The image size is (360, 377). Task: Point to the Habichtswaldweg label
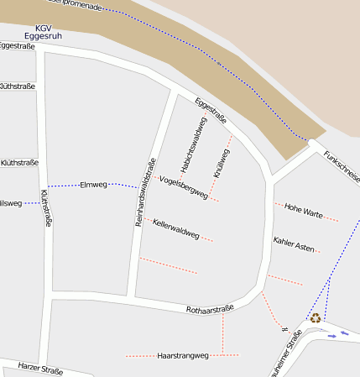tap(192, 139)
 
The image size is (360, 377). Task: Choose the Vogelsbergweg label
tap(183, 187)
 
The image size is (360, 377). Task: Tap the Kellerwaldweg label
tap(176, 228)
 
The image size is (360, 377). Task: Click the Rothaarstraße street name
tap(210, 310)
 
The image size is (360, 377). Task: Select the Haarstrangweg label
tap(182, 356)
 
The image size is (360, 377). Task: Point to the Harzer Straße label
tap(41, 368)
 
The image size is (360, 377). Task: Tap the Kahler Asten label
tap(294, 245)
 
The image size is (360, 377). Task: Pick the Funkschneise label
tap(342, 168)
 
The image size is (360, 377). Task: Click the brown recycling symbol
tap(316, 317)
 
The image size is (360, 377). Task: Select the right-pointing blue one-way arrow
tap(344, 333)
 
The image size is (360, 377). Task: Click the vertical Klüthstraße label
tap(46, 208)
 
